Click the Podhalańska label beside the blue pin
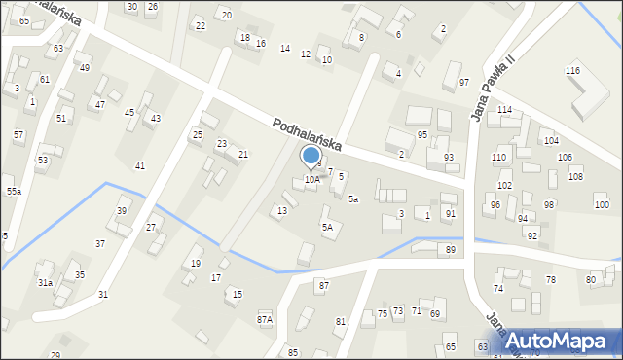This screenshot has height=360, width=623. pos(307,133)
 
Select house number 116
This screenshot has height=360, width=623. pos(572,72)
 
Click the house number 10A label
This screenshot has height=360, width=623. pos(311,179)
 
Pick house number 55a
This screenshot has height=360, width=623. pos(14,192)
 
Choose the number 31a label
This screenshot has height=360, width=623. pos(45,282)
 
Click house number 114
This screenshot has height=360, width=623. pos(504,110)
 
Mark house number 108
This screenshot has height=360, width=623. pos(575,176)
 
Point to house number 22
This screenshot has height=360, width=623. pos(201,25)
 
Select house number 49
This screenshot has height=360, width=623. pos(85,67)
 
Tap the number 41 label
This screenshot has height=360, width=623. pos(140,166)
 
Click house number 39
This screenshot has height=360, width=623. pos(122,211)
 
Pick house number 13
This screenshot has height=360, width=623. pos(282,210)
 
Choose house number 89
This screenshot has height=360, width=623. pos(451,250)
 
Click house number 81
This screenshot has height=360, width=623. pos(341,321)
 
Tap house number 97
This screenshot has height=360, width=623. pos(464,82)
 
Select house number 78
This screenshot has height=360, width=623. pos(550,280)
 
